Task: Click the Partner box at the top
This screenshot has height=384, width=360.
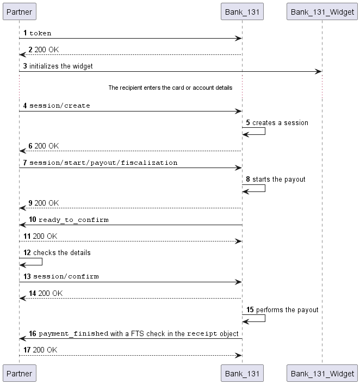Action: (x=20, y=11)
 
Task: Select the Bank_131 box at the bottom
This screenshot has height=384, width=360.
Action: (x=242, y=373)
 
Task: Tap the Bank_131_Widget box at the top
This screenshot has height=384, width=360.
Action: (x=322, y=11)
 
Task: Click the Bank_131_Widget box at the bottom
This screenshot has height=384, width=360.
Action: (x=322, y=373)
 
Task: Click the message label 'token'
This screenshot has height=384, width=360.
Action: (x=40, y=33)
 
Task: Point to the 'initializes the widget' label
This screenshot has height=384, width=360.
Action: (x=61, y=66)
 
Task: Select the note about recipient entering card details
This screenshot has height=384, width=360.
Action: (x=170, y=88)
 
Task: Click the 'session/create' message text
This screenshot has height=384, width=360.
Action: (x=60, y=106)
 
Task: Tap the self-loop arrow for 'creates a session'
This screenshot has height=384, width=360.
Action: (x=265, y=131)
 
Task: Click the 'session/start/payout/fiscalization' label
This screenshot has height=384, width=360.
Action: (x=103, y=163)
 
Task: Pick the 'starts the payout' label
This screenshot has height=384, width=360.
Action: (x=279, y=179)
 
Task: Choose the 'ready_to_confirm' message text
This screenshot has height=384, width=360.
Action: (x=73, y=220)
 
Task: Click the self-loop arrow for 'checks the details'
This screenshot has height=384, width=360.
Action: (x=42, y=262)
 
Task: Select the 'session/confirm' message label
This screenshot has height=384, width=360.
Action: (x=66, y=276)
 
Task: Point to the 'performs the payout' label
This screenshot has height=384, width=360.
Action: (x=287, y=310)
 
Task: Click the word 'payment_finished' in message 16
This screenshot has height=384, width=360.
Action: (x=73, y=333)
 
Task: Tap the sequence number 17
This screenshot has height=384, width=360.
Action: (x=27, y=350)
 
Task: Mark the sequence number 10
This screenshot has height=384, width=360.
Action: (x=32, y=219)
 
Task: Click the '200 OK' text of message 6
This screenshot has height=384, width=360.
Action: (x=47, y=146)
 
